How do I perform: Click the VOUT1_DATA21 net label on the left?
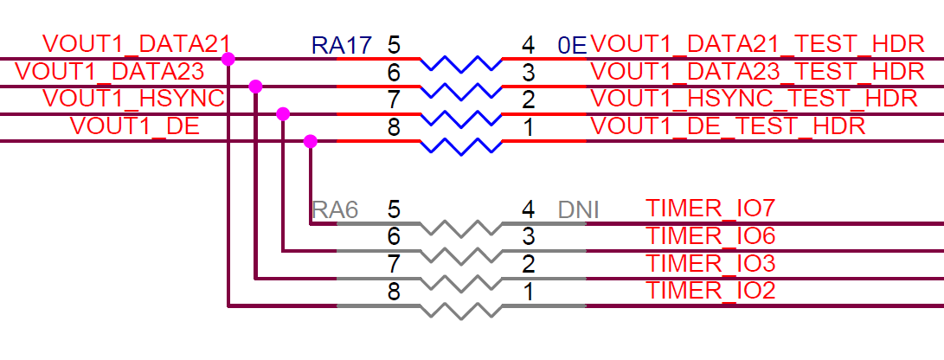[x=135, y=44]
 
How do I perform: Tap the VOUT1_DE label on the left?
[x=135, y=126]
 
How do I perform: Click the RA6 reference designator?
[x=335, y=209]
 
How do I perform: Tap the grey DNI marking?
[x=579, y=209]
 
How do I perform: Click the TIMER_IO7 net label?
[x=710, y=209]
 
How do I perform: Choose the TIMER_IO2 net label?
[x=710, y=291]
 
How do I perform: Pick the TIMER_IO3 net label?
[x=710, y=263]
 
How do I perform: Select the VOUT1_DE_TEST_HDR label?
[x=728, y=126]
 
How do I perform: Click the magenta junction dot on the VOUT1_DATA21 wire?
[x=228, y=59]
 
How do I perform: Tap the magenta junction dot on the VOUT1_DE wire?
[x=311, y=141]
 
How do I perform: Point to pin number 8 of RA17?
[x=394, y=127]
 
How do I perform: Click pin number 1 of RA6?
[x=528, y=292]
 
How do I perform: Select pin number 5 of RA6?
[x=394, y=209]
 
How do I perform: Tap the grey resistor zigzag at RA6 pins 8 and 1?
[x=460, y=308]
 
